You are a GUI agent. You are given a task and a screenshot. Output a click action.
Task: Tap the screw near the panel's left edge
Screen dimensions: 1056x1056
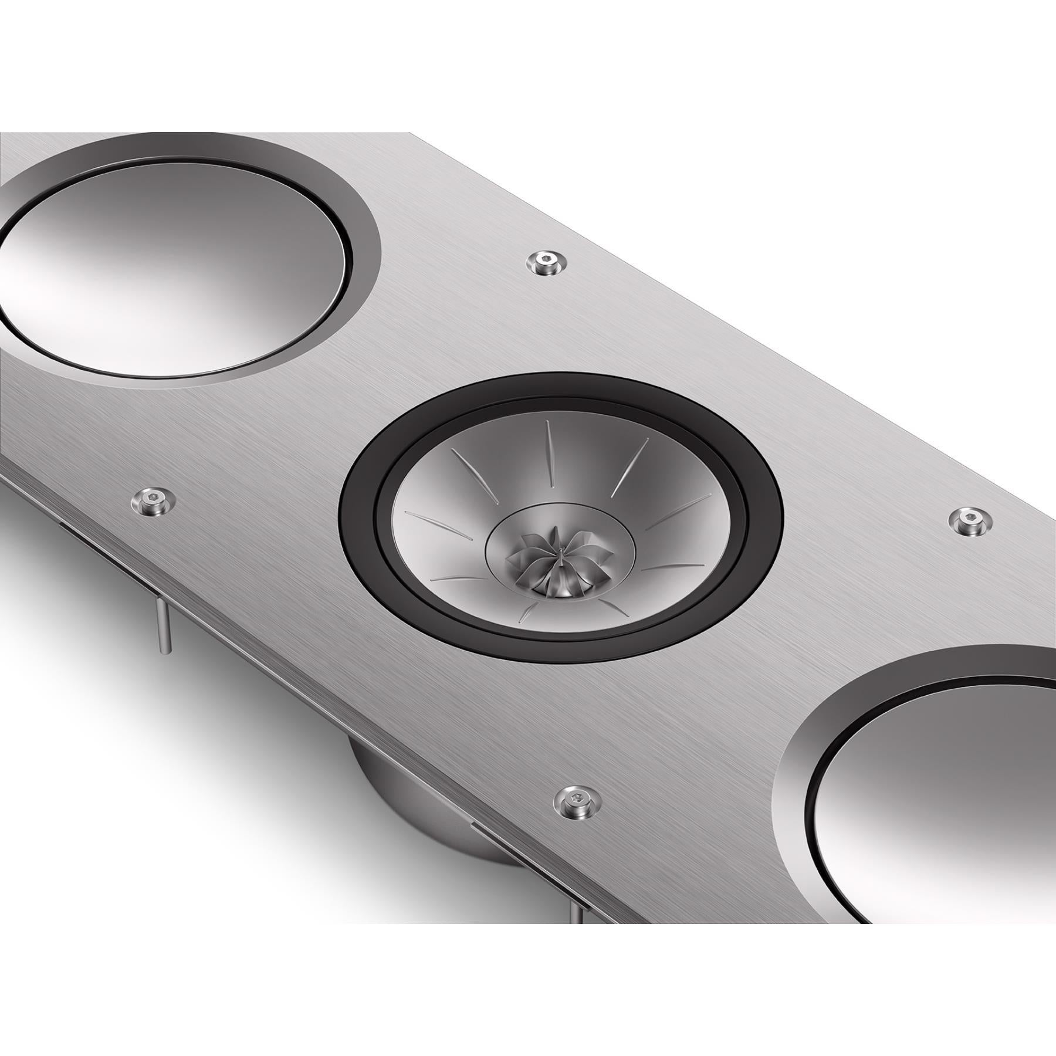[152, 483]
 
